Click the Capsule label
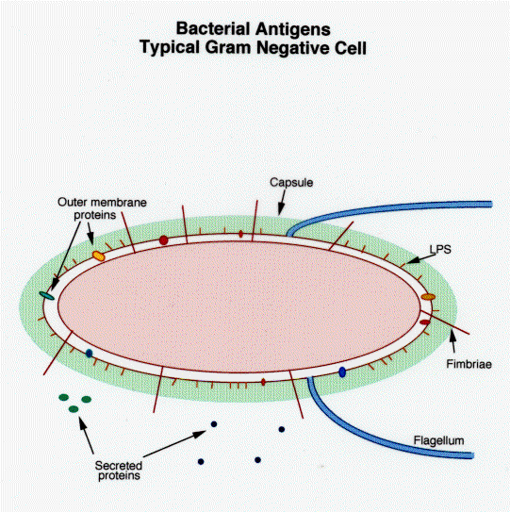(291, 183)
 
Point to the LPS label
(440, 250)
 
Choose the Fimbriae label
(469, 364)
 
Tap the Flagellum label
(438, 440)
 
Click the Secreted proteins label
(119, 471)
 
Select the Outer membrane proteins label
(102, 208)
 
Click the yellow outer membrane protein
(98, 256)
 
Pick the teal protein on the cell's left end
(47, 296)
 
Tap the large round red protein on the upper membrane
(164, 240)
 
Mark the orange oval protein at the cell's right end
(428, 297)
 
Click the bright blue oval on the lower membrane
(342, 372)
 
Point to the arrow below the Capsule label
(282, 203)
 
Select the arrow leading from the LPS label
(420, 259)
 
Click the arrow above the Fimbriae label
(452, 341)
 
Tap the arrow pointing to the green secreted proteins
(86, 435)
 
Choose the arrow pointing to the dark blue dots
(174, 443)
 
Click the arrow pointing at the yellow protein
(90, 233)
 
